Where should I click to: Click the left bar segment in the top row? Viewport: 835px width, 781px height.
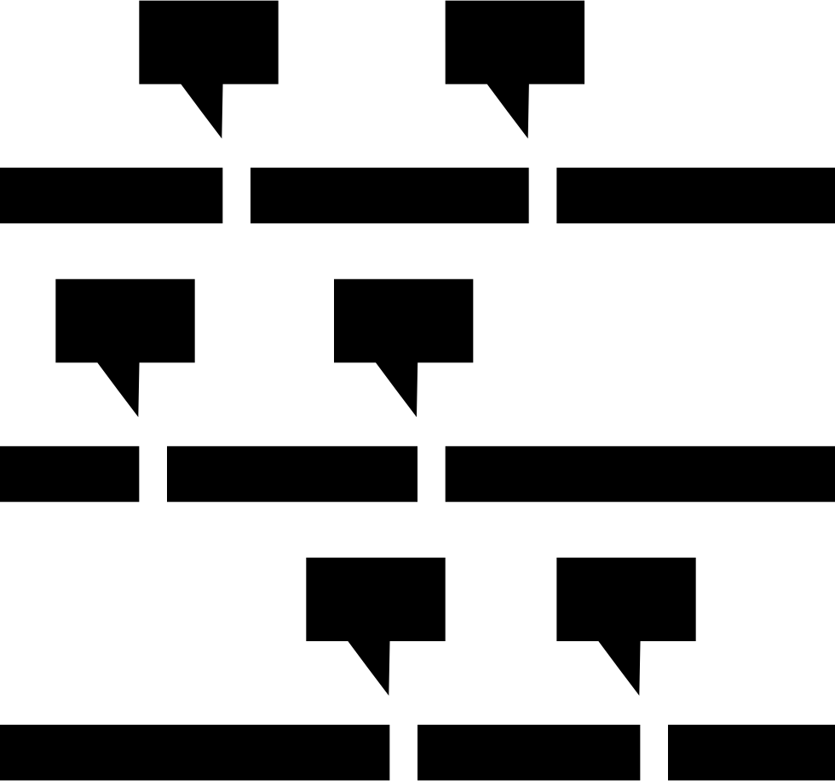(111, 195)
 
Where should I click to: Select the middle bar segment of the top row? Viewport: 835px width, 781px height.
(389, 195)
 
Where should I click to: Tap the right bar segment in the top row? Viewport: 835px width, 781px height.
(695, 195)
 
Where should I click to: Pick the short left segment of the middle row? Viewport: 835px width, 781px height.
(69, 473)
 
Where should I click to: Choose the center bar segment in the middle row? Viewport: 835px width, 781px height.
(292, 473)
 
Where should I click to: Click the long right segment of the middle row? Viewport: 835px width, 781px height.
(640, 473)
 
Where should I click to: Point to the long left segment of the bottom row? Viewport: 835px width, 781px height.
(194, 752)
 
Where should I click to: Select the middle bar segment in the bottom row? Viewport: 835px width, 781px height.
(528, 752)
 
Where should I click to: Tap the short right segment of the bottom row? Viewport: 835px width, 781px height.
(751, 752)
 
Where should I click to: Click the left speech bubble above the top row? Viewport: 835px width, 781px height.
(209, 43)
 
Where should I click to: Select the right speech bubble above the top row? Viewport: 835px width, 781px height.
(515, 43)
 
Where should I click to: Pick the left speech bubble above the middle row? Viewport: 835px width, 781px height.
(125, 321)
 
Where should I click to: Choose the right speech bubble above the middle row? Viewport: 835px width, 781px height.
(403, 321)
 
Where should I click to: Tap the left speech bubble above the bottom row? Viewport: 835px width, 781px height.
(376, 599)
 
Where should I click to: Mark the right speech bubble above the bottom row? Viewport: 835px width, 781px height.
(626, 599)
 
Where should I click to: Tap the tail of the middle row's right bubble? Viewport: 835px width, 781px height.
(404, 383)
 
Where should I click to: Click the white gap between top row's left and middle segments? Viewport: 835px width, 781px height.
(236, 195)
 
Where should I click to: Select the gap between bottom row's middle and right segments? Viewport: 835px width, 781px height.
(654, 752)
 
